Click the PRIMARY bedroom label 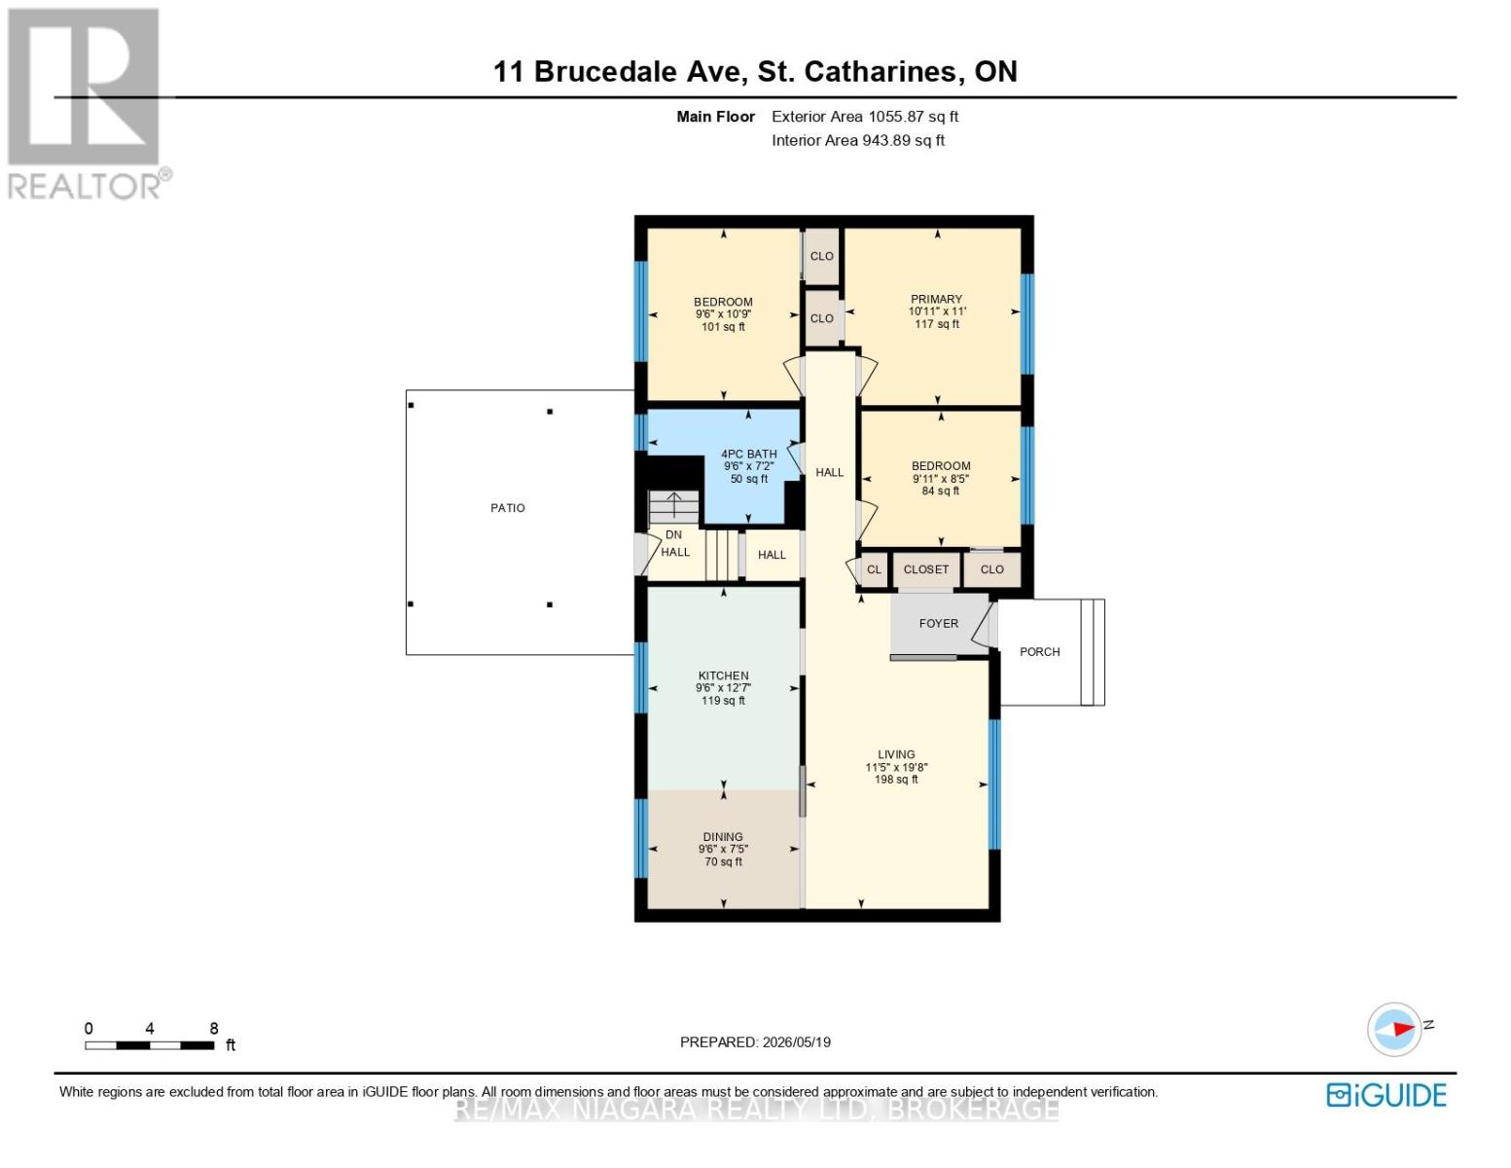coord(936,299)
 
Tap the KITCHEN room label coord(723,675)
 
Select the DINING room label coord(723,836)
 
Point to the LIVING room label coord(896,754)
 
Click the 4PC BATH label coord(748,454)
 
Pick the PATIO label coord(508,508)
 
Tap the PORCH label coord(1039,652)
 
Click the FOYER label coord(939,623)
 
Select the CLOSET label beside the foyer coord(925,569)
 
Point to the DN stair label coord(674,535)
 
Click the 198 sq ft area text coord(896,780)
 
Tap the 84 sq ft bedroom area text coord(940,492)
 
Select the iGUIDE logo coord(1386,1095)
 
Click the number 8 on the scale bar coord(213,1028)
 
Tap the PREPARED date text coord(755,1042)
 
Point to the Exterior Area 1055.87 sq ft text coord(865,116)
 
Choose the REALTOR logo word coord(85,187)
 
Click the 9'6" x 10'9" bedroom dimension coord(723,313)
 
